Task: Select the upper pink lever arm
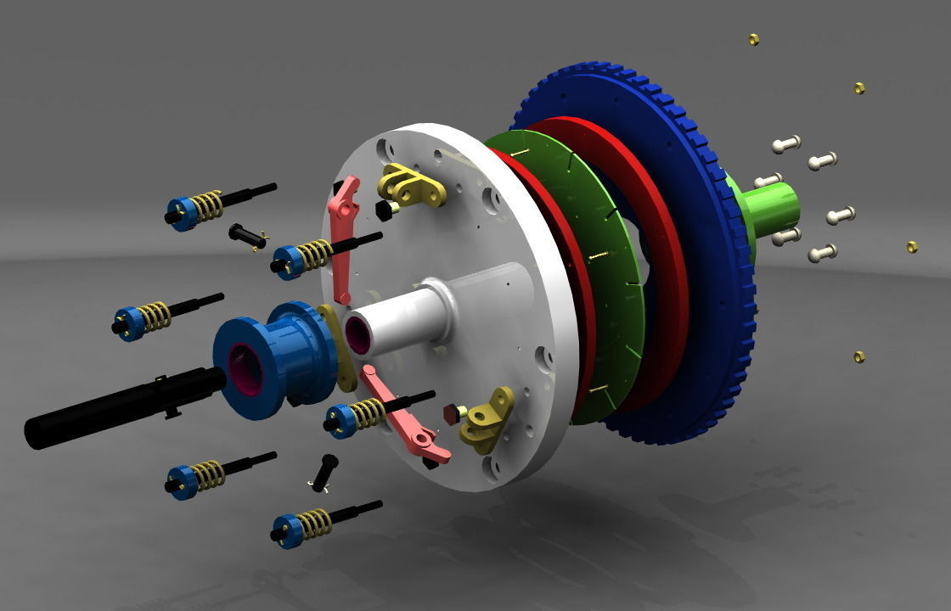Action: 342,238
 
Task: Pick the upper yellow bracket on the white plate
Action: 412,185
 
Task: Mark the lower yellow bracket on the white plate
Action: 487,420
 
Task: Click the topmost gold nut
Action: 753,39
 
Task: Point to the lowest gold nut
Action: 858,356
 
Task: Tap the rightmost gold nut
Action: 912,246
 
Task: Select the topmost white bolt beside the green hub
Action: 786,144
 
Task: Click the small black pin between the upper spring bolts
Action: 246,234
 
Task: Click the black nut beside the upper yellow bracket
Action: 384,209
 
